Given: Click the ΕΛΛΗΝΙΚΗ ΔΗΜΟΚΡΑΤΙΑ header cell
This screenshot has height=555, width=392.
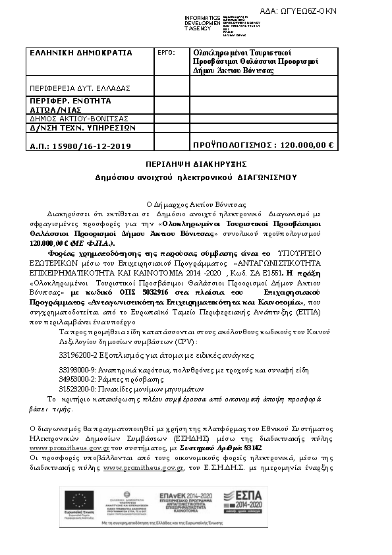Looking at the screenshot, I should coord(81,53).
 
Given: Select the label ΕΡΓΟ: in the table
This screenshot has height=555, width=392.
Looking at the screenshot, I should coord(167,52).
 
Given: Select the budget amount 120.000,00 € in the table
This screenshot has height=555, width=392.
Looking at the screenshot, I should coord(307,145).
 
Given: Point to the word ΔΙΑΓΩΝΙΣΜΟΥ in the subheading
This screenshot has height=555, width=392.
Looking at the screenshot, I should coord(267,177).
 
